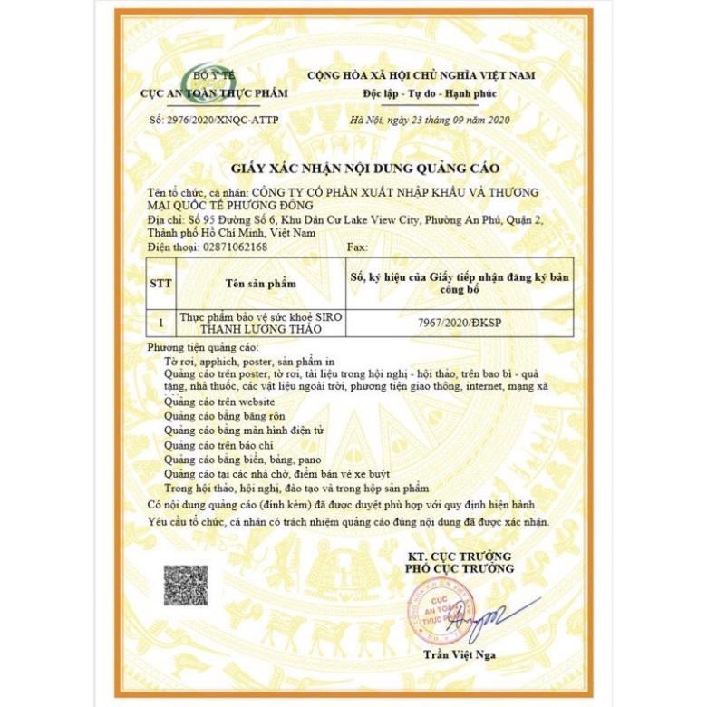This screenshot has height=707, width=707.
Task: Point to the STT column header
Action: click(x=160, y=283)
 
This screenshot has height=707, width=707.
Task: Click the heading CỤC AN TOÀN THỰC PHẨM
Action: click(x=213, y=93)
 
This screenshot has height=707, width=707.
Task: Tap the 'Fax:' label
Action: click(x=357, y=246)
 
